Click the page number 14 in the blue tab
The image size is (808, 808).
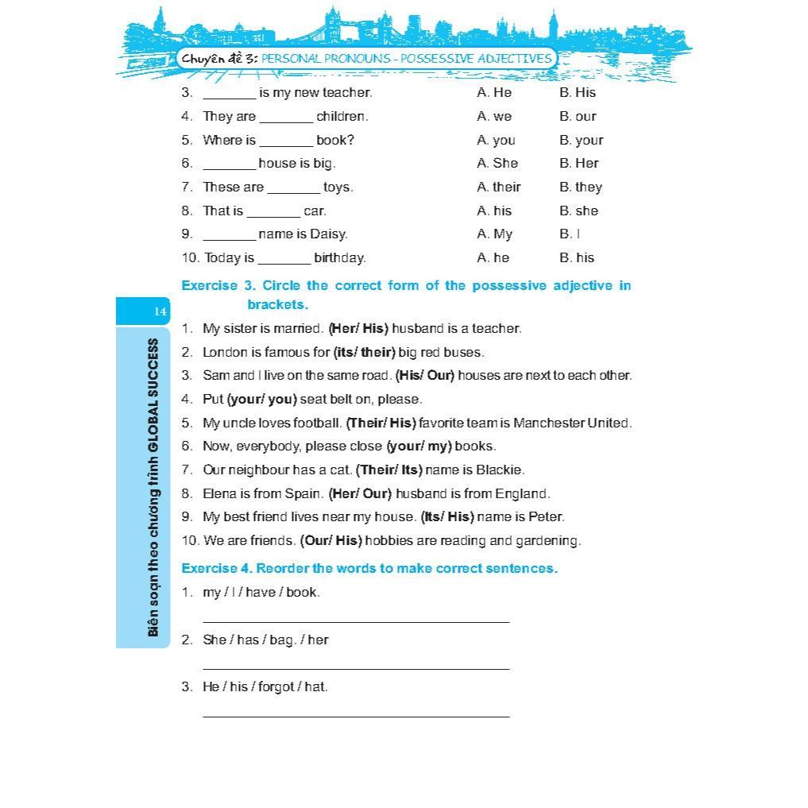click(160, 311)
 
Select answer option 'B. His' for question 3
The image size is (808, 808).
click(577, 92)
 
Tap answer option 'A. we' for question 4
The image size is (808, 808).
click(494, 116)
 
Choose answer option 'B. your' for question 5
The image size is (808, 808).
click(581, 140)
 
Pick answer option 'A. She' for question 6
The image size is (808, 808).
click(497, 163)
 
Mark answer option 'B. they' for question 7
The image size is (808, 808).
click(580, 187)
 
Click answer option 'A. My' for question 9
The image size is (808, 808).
click(494, 234)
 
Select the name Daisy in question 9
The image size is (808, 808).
click(328, 234)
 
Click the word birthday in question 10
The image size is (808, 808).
click(339, 257)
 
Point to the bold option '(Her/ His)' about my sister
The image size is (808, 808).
click(358, 328)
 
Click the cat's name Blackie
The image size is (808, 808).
click(501, 470)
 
